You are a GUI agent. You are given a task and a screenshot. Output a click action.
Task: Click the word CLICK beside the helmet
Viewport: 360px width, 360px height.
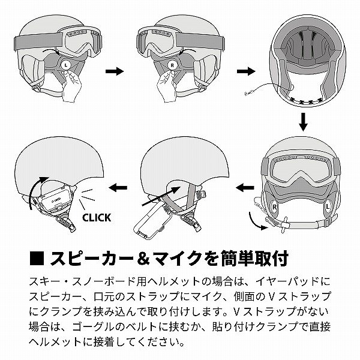click(x=95, y=218)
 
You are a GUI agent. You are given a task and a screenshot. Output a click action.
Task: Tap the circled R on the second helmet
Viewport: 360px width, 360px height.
click(x=172, y=64)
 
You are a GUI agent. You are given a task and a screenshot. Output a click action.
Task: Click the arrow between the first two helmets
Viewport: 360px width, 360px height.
click(x=114, y=71)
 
